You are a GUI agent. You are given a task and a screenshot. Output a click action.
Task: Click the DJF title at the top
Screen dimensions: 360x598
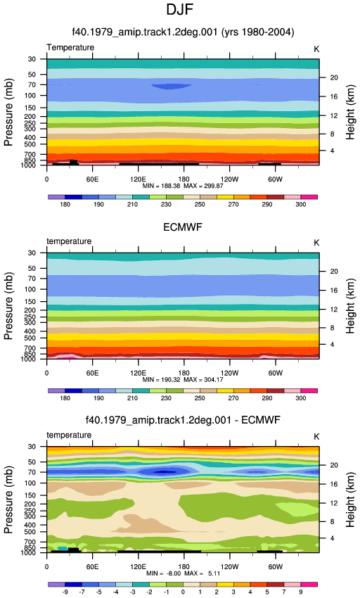(179, 10)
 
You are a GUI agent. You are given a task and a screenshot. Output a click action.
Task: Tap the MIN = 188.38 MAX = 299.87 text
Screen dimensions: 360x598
(183, 186)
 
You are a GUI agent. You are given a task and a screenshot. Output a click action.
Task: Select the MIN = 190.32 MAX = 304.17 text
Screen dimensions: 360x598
(183, 380)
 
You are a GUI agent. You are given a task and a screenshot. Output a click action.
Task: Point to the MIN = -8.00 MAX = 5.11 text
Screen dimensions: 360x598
(183, 573)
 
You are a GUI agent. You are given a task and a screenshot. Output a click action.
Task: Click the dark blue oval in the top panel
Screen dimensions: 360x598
(172, 87)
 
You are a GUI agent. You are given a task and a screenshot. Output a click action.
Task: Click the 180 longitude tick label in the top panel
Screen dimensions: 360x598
(184, 179)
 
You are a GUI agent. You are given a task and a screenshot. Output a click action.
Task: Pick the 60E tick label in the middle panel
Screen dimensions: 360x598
(92, 373)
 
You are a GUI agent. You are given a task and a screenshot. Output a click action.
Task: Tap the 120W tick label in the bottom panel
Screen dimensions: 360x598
(230, 567)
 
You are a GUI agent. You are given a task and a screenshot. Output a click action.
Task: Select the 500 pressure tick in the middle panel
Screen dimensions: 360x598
(30, 338)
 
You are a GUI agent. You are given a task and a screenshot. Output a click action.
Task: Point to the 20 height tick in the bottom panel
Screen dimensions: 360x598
(334, 465)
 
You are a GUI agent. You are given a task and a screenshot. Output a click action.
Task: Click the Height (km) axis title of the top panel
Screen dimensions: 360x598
(350, 112)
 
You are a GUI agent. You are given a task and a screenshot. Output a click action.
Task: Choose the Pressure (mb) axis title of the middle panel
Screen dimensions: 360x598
(8, 306)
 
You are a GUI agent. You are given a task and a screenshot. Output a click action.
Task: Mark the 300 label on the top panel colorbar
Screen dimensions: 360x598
(300, 205)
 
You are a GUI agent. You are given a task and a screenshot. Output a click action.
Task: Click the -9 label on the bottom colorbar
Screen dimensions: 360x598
(65, 592)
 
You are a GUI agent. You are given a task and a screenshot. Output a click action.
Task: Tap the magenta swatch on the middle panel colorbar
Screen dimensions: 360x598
(309, 391)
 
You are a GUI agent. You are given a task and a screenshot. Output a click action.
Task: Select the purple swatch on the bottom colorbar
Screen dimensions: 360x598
(57, 585)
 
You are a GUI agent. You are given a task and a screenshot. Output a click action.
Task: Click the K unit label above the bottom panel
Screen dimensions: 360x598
(316, 437)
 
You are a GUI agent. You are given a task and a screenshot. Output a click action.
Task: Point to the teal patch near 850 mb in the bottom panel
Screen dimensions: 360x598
(63, 549)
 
